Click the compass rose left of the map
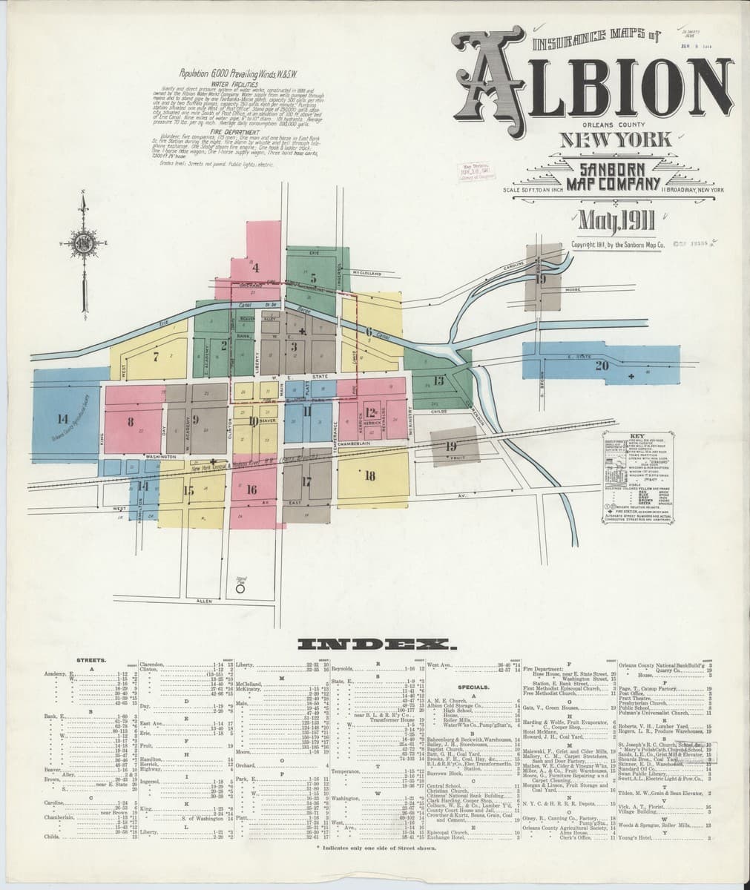point(84,243)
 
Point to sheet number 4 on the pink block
point(256,266)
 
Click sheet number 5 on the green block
point(314,278)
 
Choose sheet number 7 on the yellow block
point(156,356)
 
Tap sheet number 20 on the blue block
point(601,365)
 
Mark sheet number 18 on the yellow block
point(369,475)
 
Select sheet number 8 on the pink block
point(130,423)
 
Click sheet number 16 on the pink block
point(251,489)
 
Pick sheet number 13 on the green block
point(438,381)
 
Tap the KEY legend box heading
point(636,437)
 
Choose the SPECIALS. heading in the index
point(472,686)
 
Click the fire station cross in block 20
point(631,378)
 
